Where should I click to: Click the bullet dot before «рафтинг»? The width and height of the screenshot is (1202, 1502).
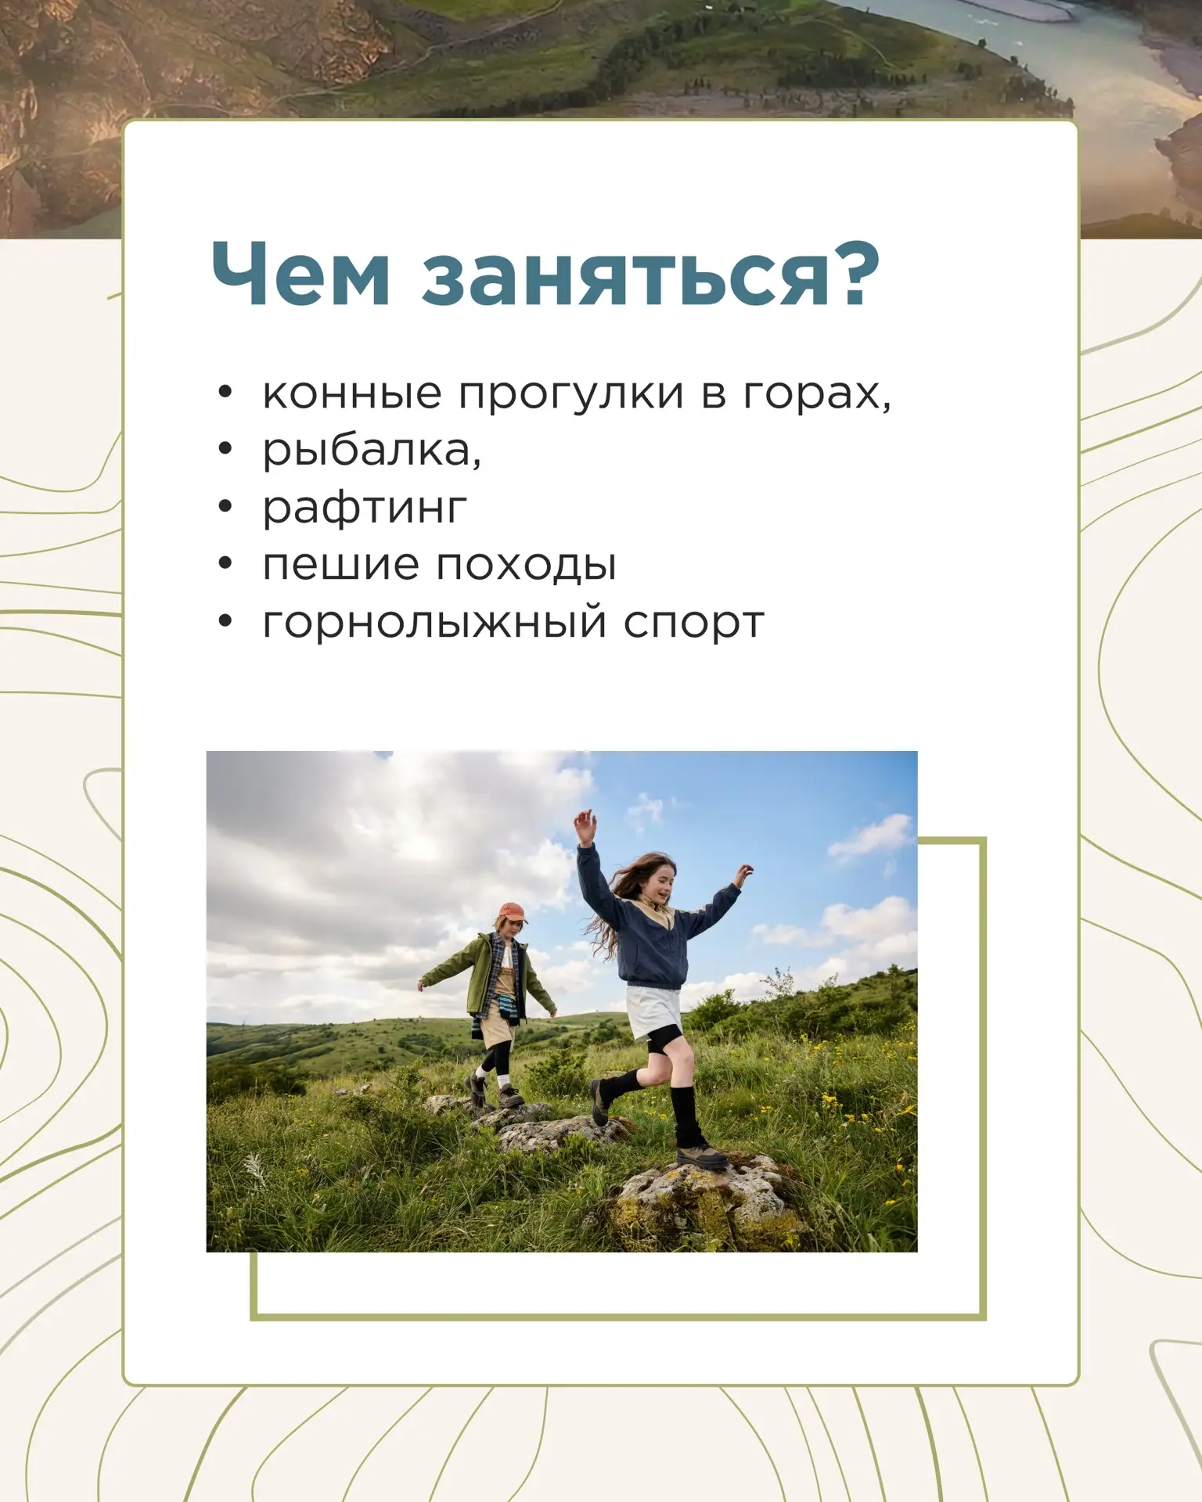pos(225,507)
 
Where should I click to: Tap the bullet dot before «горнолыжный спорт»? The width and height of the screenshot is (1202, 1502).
pos(225,621)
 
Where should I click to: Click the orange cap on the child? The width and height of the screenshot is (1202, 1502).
pos(513,912)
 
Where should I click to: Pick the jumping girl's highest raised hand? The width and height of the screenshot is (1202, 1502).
pos(584,826)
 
